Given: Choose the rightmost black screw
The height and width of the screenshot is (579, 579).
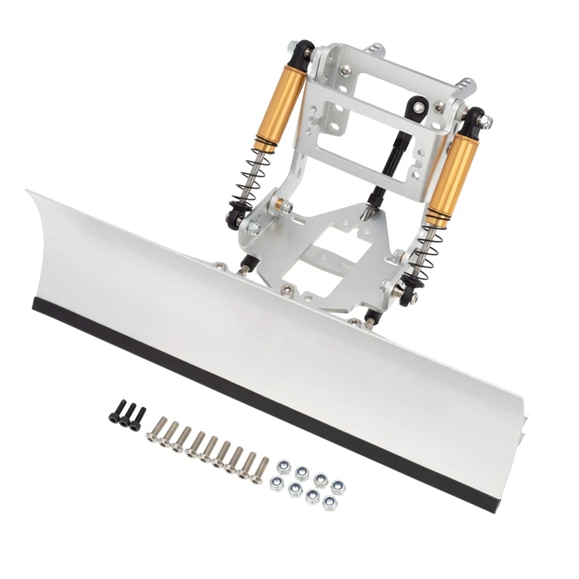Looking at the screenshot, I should [137, 418].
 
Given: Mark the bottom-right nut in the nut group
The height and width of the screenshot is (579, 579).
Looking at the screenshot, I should [329, 501].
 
